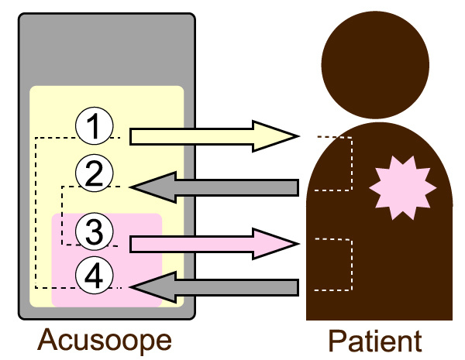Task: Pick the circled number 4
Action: [95, 276]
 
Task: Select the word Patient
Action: [374, 341]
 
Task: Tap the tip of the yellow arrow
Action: [297, 137]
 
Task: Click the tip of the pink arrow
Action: [297, 244]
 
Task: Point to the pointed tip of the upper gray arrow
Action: [132, 187]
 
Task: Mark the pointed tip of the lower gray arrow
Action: [132, 287]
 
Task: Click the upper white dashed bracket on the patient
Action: [353, 163]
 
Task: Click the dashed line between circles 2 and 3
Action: [62, 217]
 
